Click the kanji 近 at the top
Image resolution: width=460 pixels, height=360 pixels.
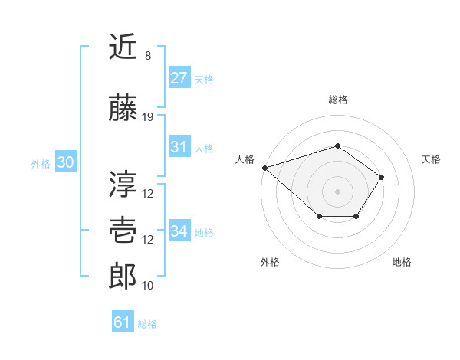tap(123, 47)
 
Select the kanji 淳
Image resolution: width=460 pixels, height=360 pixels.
tap(123, 185)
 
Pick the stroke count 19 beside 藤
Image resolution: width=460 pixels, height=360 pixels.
tap(148, 117)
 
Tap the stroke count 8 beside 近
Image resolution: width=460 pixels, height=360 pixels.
tap(148, 56)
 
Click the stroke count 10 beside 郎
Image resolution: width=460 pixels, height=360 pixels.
tap(148, 286)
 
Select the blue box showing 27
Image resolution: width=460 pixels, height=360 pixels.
tap(179, 77)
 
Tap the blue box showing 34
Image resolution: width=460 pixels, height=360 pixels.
tap(179, 231)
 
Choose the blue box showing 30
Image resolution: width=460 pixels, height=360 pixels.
tap(65, 162)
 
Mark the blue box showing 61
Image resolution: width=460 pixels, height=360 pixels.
tap(122, 322)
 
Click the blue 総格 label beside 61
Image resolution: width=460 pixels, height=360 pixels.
tap(147, 324)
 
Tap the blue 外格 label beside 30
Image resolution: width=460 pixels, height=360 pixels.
tap(41, 163)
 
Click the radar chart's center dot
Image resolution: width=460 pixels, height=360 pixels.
tap(337, 191)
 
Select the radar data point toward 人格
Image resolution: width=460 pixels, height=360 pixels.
tap(264, 168)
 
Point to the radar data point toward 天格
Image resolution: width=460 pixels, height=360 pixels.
tap(382, 178)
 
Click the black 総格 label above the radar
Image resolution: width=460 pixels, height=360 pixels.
tap(337, 100)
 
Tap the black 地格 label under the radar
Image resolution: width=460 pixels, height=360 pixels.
tap(402, 262)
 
